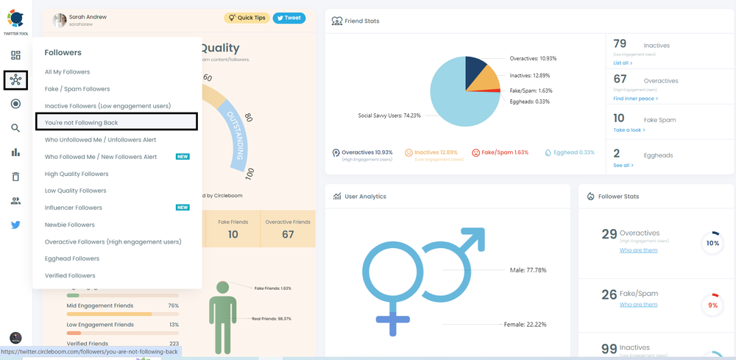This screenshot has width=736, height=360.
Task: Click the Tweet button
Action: point(289,18)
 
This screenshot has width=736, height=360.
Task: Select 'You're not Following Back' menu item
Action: point(82,122)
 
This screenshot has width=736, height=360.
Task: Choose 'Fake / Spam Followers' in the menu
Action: point(77,89)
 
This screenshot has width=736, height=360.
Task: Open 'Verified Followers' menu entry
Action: point(70,275)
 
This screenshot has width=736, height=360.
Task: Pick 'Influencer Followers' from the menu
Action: point(74,208)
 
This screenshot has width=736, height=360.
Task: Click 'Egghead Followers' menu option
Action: point(72,258)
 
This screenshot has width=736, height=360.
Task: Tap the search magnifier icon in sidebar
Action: point(15,128)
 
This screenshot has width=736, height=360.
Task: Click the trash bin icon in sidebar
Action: point(15,177)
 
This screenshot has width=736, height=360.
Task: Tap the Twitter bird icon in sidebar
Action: point(15,225)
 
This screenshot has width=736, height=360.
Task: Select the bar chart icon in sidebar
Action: point(15,152)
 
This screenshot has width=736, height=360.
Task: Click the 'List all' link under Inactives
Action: point(623,63)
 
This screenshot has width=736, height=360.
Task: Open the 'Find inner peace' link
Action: point(635,98)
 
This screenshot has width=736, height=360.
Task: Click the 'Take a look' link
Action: point(629,130)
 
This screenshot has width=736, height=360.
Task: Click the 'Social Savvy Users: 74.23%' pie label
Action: point(389,116)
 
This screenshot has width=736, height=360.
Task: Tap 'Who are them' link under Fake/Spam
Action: point(638,305)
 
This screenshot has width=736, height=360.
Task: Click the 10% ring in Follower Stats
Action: point(712,243)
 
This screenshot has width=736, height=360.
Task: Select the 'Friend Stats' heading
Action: point(361,21)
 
